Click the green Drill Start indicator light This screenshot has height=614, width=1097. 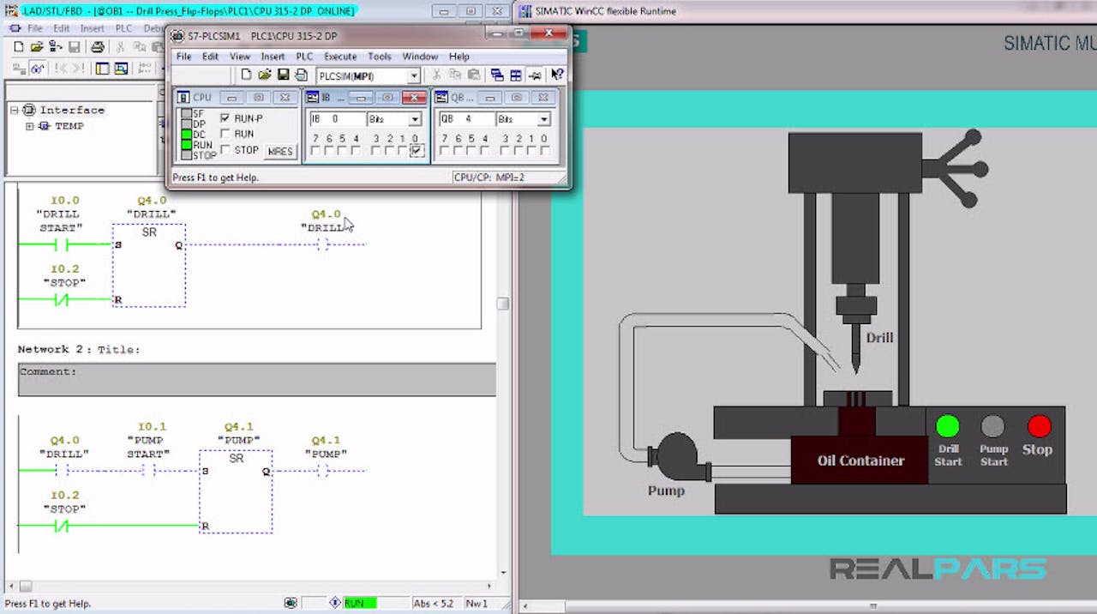[947, 425]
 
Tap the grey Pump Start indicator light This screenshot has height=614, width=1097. [992, 425]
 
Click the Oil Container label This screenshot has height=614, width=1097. [860, 460]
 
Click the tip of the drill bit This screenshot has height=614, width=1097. [855, 369]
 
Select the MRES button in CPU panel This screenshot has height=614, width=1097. [279, 152]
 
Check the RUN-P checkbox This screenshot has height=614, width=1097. [225, 118]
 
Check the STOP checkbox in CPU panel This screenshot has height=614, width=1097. [225, 149]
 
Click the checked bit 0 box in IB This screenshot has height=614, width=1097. [416, 151]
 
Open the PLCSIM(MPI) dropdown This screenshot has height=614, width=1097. [414, 76]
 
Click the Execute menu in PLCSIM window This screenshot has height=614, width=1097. [339, 57]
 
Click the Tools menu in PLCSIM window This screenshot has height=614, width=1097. [379, 57]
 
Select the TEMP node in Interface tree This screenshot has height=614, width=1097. [69, 126]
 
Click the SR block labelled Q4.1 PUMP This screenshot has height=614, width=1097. [236, 491]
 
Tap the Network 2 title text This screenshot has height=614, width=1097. [78, 350]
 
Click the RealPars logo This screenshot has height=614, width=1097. [938, 569]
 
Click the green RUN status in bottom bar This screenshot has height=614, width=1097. [359, 604]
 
